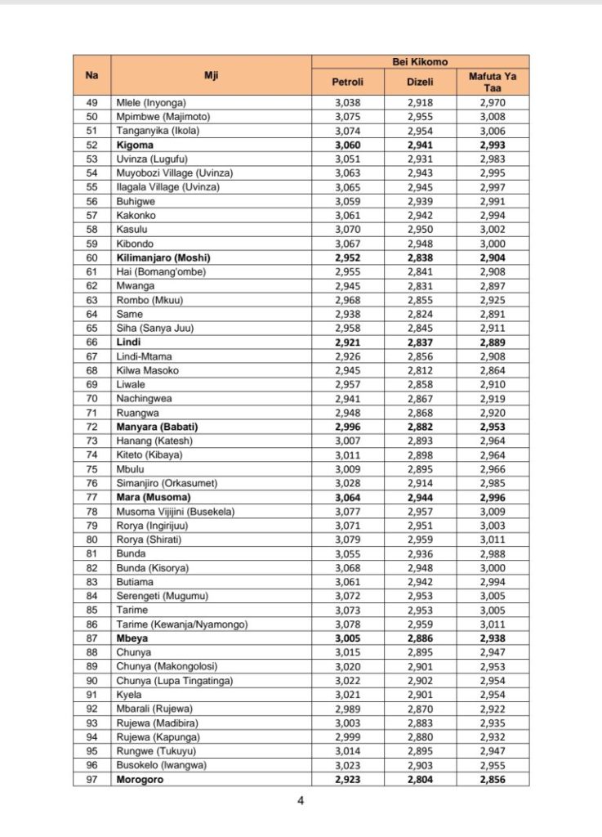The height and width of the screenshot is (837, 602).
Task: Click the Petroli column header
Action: pos(347,82)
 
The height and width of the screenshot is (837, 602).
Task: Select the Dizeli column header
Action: pos(420,82)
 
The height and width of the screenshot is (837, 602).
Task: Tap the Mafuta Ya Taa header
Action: pos(493,82)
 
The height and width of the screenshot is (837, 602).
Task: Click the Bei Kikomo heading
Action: pos(420,61)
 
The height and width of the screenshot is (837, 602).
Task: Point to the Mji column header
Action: pos(211,75)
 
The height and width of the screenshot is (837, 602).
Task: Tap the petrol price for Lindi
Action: pos(347,342)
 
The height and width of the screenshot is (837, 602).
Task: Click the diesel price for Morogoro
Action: pos(420,780)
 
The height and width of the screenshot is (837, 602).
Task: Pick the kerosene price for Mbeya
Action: pos(493,638)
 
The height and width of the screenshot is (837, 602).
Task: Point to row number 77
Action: pos(91,498)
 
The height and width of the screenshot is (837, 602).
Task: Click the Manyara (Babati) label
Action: pos(158,427)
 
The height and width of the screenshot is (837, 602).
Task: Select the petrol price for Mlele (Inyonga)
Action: pos(347,102)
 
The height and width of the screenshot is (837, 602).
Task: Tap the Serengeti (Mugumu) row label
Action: pos(162,596)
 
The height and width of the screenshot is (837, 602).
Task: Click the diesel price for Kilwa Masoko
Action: pos(420,370)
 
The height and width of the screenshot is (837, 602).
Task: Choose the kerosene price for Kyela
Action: pos(493,695)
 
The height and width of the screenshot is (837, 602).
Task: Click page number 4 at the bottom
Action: pos(301,800)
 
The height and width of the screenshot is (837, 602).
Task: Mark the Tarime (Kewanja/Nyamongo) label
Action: pos(182,624)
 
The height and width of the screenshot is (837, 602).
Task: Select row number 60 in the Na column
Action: pos(91,257)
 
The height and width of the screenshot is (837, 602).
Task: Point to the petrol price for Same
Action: pos(347,314)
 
